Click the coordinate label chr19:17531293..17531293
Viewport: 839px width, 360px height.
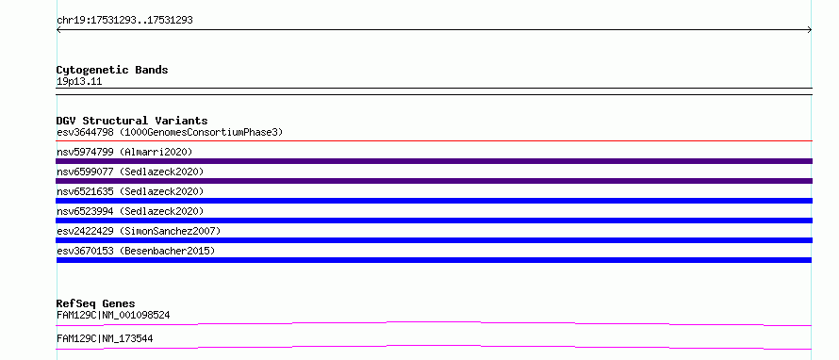point(124,21)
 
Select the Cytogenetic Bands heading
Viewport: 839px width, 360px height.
point(112,70)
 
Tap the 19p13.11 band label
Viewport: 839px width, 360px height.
point(79,82)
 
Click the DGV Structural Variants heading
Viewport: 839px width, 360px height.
point(132,121)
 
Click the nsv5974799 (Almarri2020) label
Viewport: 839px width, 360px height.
point(124,152)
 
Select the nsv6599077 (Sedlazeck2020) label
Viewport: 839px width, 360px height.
point(130,172)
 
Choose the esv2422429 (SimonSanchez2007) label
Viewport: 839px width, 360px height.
point(139,231)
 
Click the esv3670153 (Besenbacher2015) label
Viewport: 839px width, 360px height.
point(136,251)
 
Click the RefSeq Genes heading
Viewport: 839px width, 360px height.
point(96,303)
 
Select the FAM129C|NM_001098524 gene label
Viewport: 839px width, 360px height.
point(113,315)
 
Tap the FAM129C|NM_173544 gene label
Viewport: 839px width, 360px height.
point(105,338)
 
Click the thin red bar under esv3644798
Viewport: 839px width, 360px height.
point(434,141)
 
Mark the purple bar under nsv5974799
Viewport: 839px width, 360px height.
point(434,161)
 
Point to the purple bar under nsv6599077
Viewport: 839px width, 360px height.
point(434,181)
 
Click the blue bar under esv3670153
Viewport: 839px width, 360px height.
point(434,260)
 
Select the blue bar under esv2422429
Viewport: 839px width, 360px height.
point(434,240)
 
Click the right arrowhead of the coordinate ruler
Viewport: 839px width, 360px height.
point(810,30)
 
